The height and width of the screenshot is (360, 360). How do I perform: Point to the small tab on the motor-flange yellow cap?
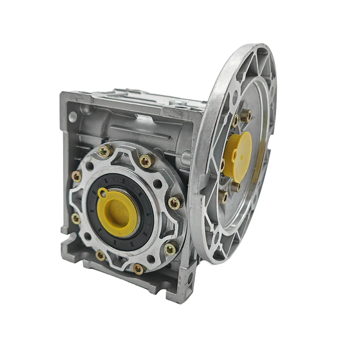click(x=234, y=155)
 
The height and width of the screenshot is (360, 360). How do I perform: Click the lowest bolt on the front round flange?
click(x=139, y=269)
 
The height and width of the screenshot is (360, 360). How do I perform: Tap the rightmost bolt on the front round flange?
click(x=174, y=203)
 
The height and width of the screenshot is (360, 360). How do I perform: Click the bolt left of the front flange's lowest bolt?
click(x=100, y=256)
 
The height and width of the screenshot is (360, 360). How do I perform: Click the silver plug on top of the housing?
click(x=183, y=104)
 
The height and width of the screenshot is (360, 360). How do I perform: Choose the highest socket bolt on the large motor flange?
click(x=245, y=116)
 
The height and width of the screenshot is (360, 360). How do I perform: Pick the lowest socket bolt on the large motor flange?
click(x=223, y=197)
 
